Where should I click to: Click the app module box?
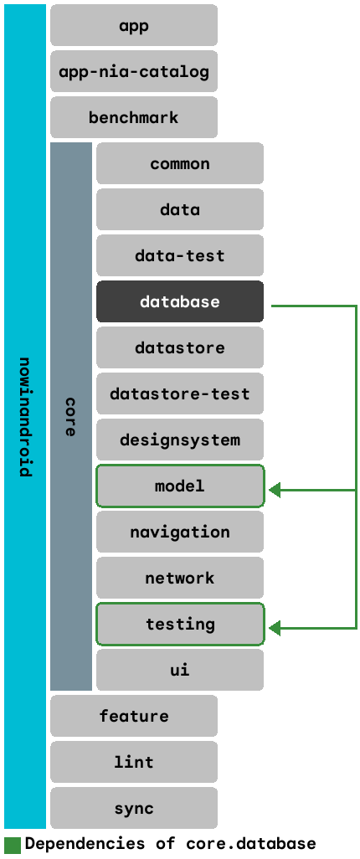click(x=134, y=26)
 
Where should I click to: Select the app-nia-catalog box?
click(x=134, y=72)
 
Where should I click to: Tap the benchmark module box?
click(x=134, y=118)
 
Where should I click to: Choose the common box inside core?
click(x=180, y=164)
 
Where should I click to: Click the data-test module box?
click(x=180, y=256)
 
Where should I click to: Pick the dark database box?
click(x=180, y=302)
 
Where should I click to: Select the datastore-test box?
click(x=180, y=394)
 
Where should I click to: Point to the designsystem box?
click(x=180, y=440)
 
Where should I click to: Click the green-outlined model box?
click(x=180, y=486)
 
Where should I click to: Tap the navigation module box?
click(x=180, y=532)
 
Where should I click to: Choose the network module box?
click(x=180, y=579)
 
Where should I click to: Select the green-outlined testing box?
click(x=180, y=625)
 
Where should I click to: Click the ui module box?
click(x=180, y=671)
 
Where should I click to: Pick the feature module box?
click(x=134, y=717)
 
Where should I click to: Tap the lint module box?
click(x=134, y=763)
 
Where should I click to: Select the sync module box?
click(x=134, y=809)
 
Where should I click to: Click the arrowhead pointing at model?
click(x=275, y=490)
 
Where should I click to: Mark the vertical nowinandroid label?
click(x=25, y=417)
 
